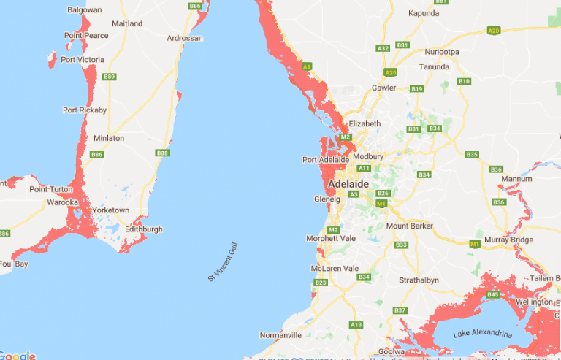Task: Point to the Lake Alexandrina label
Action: click(x=482, y=334)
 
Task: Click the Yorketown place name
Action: click(x=110, y=210)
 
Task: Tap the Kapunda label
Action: click(x=424, y=13)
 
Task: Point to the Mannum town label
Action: click(x=516, y=178)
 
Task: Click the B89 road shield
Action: click(x=110, y=77)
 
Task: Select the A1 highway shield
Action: click(x=307, y=66)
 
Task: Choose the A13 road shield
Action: click(x=356, y=324)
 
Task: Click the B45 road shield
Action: click(x=493, y=295)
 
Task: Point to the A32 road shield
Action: click(x=383, y=48)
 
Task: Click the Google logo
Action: click(x=18, y=356)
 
